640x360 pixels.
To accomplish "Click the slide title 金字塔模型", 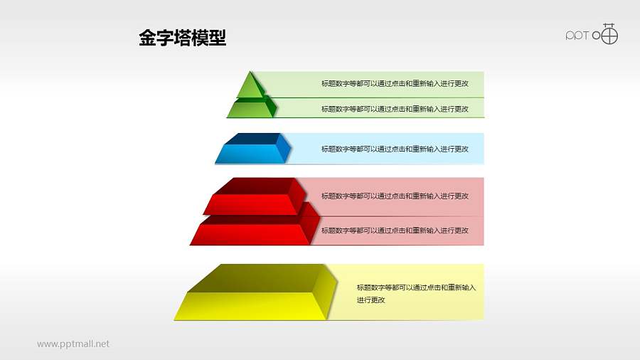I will pyautogui.click(x=183, y=38).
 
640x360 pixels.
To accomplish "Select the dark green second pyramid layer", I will pyautogui.click(x=249, y=109).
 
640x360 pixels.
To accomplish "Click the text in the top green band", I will pyautogui.click(x=395, y=84).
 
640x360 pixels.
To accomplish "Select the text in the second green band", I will pyautogui.click(x=395, y=109).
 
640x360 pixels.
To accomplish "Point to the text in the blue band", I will pyautogui.click(x=395, y=149).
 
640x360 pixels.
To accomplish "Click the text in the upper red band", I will pyautogui.click(x=395, y=196).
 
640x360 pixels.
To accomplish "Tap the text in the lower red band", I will pyautogui.click(x=395, y=231).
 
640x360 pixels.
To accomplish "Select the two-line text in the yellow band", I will pyautogui.click(x=416, y=294).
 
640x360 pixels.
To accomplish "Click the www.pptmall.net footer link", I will pyautogui.click(x=73, y=344).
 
